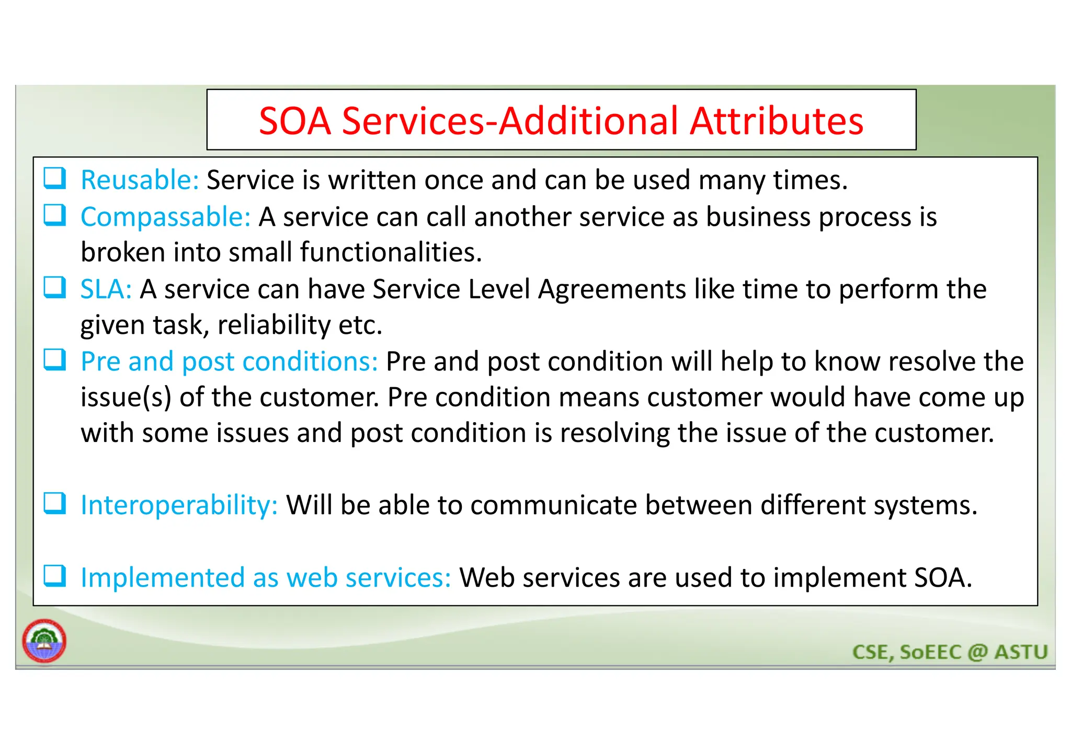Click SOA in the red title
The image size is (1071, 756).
coord(295,121)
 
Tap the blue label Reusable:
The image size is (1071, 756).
coord(140,180)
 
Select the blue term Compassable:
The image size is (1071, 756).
coord(166,217)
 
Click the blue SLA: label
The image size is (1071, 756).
coord(106,289)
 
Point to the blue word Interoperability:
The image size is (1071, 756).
coord(179,505)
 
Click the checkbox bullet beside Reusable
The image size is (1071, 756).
coord(54,178)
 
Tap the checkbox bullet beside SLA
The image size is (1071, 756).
coord(54,287)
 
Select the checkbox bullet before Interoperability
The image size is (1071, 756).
coord(54,503)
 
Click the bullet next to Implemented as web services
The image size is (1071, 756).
coord(54,576)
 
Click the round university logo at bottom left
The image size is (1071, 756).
coord(44,641)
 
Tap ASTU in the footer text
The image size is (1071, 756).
coord(1021,652)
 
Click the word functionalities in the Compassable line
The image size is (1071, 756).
coord(391,252)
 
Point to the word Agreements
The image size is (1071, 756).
coord(612,290)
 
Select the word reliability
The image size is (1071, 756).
coord(274,325)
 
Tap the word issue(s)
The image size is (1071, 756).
coord(126,398)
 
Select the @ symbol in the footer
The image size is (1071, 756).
coord(977,652)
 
